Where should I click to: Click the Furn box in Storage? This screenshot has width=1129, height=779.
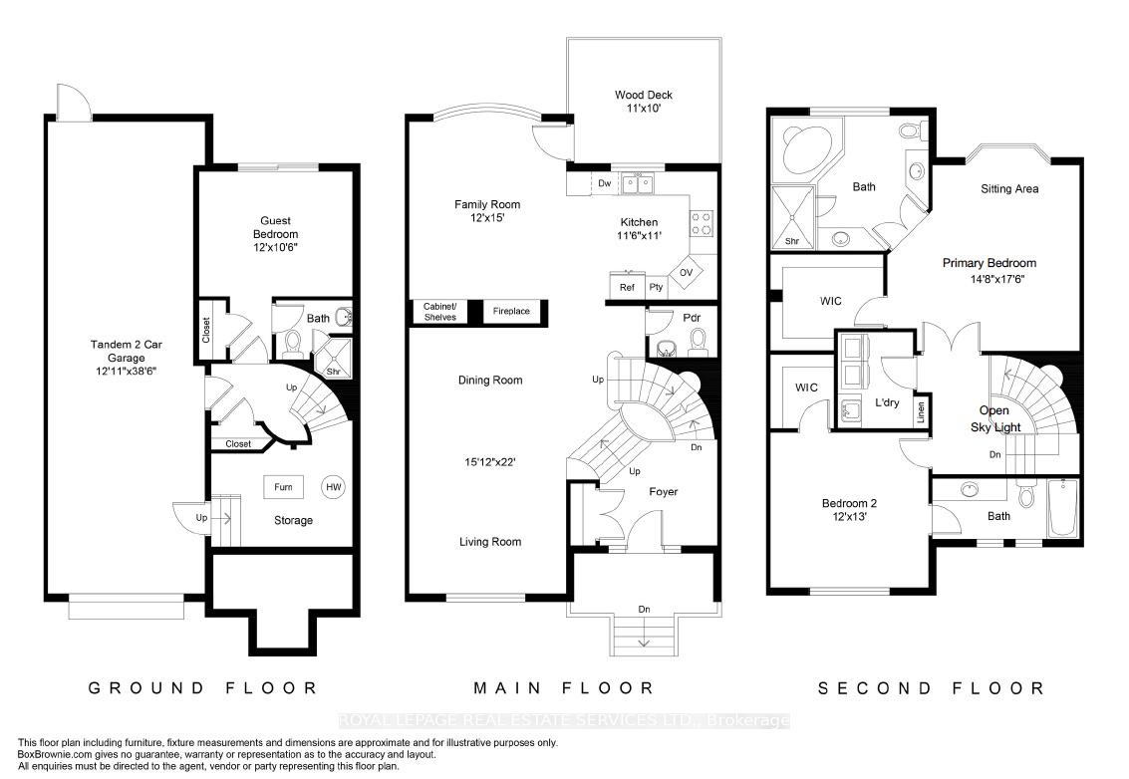click(x=283, y=487)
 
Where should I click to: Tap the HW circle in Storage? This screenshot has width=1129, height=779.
click(x=334, y=487)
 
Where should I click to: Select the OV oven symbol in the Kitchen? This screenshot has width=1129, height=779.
click(x=687, y=273)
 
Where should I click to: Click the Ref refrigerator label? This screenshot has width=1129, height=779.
click(x=627, y=287)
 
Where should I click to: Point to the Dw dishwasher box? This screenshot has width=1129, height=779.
click(x=604, y=183)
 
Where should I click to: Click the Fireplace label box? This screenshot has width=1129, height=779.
click(x=511, y=311)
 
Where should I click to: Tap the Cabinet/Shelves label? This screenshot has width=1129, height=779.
click(x=439, y=312)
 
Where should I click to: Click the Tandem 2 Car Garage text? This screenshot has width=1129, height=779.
click(x=126, y=351)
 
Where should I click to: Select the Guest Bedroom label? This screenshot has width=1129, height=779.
click(x=275, y=227)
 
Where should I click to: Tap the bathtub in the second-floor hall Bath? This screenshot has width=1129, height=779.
click(x=1062, y=508)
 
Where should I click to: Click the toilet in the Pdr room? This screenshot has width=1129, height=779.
click(x=698, y=342)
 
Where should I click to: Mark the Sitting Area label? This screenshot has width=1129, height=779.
click(x=1009, y=188)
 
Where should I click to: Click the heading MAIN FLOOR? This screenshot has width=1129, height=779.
click(x=563, y=688)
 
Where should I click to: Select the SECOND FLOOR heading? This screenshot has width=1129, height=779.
click(x=931, y=688)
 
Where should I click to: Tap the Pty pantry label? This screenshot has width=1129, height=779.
click(x=656, y=287)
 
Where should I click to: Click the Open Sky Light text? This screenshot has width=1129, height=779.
click(x=995, y=418)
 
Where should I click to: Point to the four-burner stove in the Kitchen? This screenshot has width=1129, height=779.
click(x=702, y=223)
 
